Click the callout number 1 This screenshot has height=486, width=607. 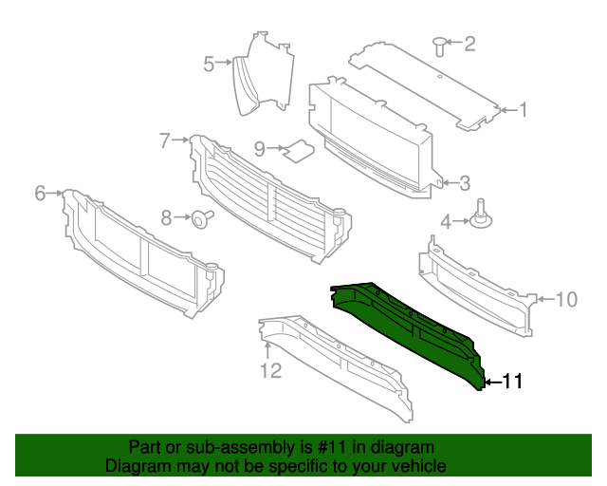click(523, 110)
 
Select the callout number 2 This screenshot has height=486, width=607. click(469, 43)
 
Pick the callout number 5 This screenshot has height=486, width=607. click(209, 64)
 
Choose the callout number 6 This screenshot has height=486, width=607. click(40, 194)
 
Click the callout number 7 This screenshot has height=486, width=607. click(165, 140)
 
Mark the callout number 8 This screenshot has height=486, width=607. click(167, 218)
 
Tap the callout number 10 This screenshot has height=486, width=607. click(565, 300)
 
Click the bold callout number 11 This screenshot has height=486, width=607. click(511, 382)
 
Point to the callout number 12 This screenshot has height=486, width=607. click(271, 371)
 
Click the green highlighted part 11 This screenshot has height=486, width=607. click(408, 327)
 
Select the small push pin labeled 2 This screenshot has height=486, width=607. click(439, 43)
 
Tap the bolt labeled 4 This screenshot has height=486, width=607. click(483, 216)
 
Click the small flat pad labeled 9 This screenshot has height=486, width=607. click(302, 149)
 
